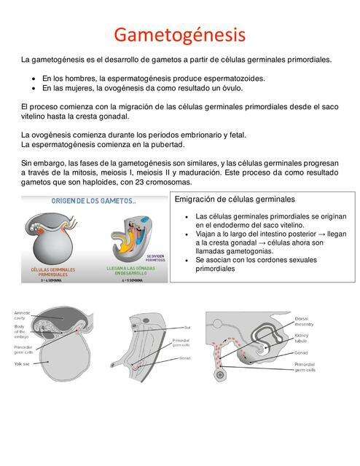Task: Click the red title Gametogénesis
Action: pos(180,34)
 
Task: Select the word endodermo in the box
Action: pos(227,226)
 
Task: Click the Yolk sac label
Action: pos(21,363)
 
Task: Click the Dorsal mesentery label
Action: pos(305,322)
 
